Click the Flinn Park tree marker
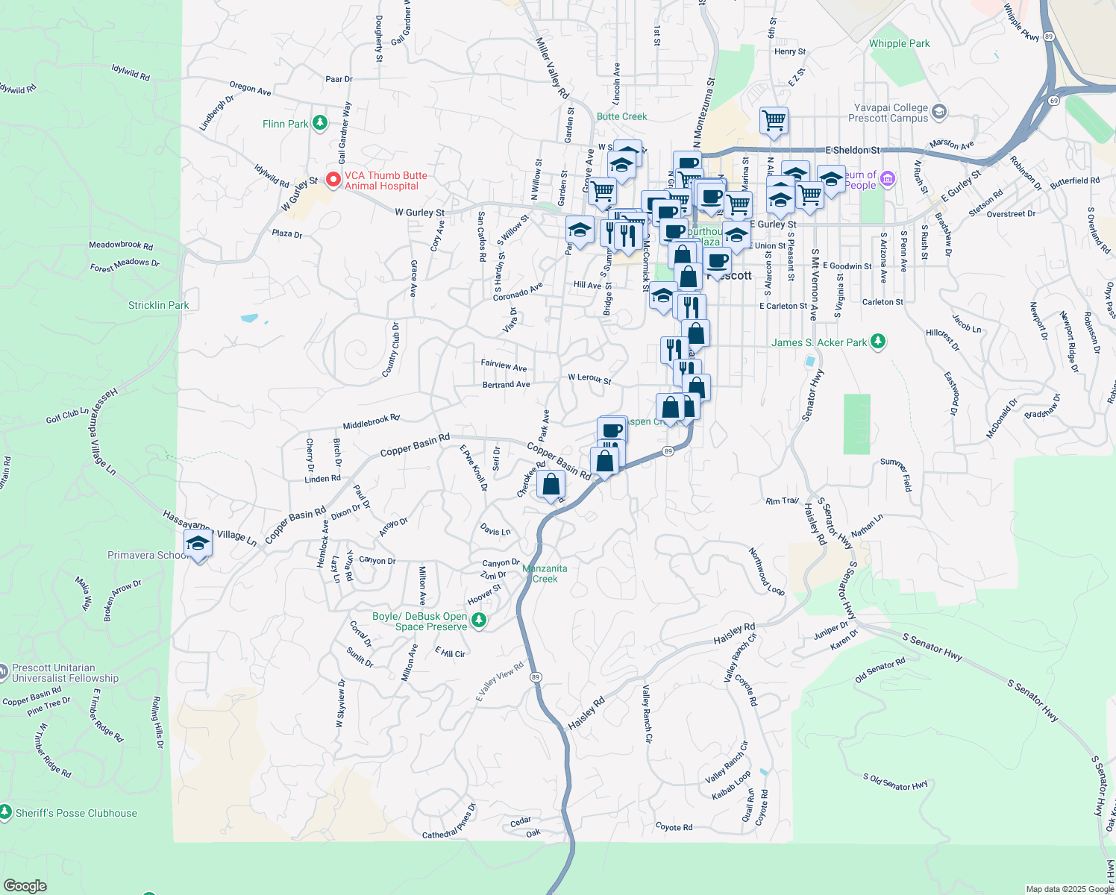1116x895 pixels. (x=320, y=122)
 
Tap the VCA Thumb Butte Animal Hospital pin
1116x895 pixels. (x=333, y=179)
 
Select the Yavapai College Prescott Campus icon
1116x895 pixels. (x=939, y=112)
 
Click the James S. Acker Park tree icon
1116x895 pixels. (x=878, y=342)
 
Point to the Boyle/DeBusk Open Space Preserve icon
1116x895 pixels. (x=479, y=620)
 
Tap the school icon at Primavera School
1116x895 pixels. (x=198, y=544)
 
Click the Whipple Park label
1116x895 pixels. (x=899, y=43)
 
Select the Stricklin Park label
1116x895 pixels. (x=158, y=305)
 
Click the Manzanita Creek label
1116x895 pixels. (x=545, y=574)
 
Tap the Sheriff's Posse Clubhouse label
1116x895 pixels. (x=76, y=813)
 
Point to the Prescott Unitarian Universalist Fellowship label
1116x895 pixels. (x=65, y=673)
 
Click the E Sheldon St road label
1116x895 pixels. (x=852, y=150)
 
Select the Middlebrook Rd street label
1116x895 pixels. (x=371, y=422)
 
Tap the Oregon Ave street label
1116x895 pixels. (x=250, y=88)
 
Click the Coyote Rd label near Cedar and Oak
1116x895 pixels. (x=674, y=826)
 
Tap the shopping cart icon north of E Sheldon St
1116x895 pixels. (x=774, y=119)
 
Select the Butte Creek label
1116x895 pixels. (x=621, y=116)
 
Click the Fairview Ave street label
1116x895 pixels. (x=504, y=365)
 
